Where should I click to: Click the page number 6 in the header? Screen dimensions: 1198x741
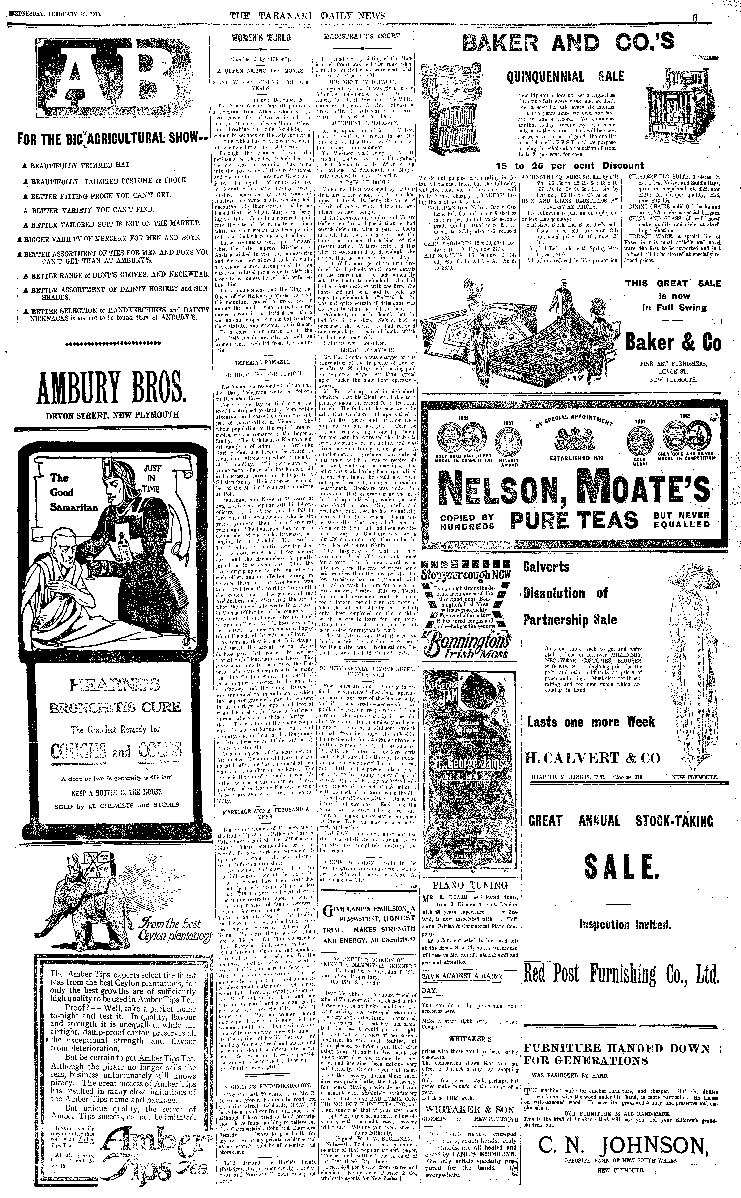click(x=695, y=16)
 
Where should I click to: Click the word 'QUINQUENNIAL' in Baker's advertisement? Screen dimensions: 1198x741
click(x=545, y=76)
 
